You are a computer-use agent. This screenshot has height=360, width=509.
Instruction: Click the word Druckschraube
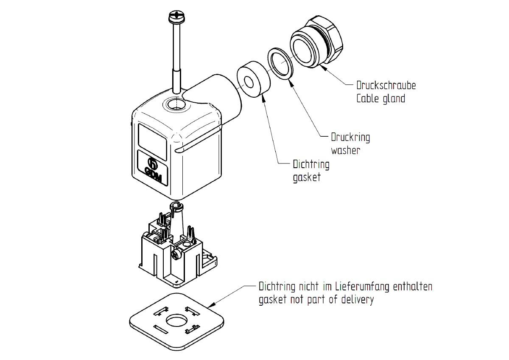coord(386,85)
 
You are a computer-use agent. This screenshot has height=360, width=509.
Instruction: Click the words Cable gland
coord(380,99)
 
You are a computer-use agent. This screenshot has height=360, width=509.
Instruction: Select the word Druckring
coord(350,138)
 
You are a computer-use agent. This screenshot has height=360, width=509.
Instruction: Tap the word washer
coord(345,150)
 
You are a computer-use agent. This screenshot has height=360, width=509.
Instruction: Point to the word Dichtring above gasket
coord(311,164)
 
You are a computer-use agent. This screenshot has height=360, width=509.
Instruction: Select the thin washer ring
coord(280,62)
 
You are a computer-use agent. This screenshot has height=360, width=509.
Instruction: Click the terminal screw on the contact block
coord(176,254)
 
